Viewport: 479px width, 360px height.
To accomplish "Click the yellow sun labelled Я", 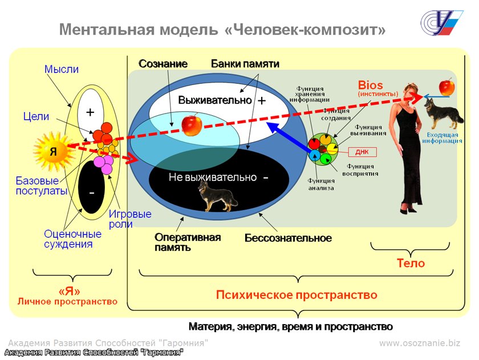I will pyautogui.click(x=53, y=151).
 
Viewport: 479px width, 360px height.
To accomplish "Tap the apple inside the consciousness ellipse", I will pyautogui.click(x=191, y=124).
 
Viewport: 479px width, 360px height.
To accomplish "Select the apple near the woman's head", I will pyautogui.click(x=448, y=87).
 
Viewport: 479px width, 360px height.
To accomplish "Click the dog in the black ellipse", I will pyautogui.click(x=209, y=195).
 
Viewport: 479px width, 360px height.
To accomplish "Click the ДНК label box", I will pyautogui.click(x=362, y=152).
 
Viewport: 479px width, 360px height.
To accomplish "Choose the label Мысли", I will pyautogui.click(x=62, y=70).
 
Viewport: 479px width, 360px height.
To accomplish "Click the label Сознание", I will pyautogui.click(x=163, y=64).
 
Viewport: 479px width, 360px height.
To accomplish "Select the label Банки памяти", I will pyautogui.click(x=245, y=64).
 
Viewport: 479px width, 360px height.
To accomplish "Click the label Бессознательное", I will pyautogui.click(x=288, y=237).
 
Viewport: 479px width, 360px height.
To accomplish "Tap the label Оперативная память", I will pyautogui.click(x=187, y=242).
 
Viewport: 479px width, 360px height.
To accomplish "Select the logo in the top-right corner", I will pyautogui.click(x=442, y=23).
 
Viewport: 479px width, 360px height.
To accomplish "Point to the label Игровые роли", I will pyautogui.click(x=130, y=219).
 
